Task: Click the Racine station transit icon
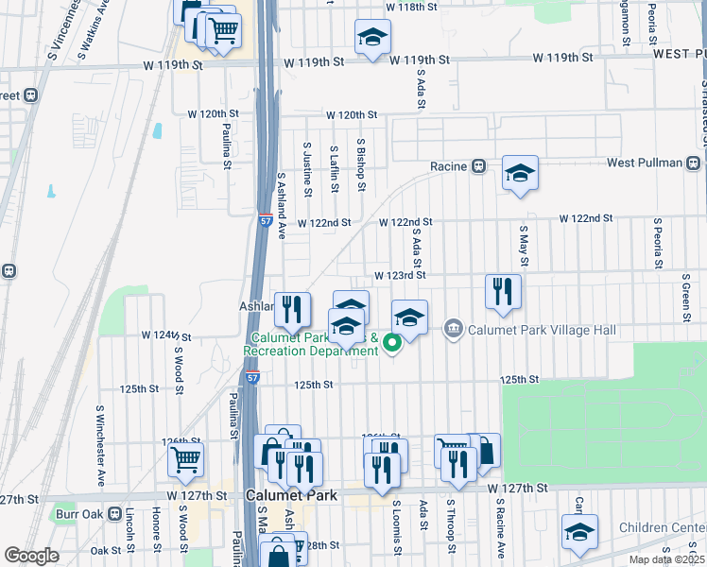479,166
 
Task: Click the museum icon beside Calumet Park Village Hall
454,329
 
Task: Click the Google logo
31,556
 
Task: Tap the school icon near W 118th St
372,38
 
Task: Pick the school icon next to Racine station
519,173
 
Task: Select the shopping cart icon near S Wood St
186,460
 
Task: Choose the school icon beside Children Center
580,531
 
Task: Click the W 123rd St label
401,276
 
